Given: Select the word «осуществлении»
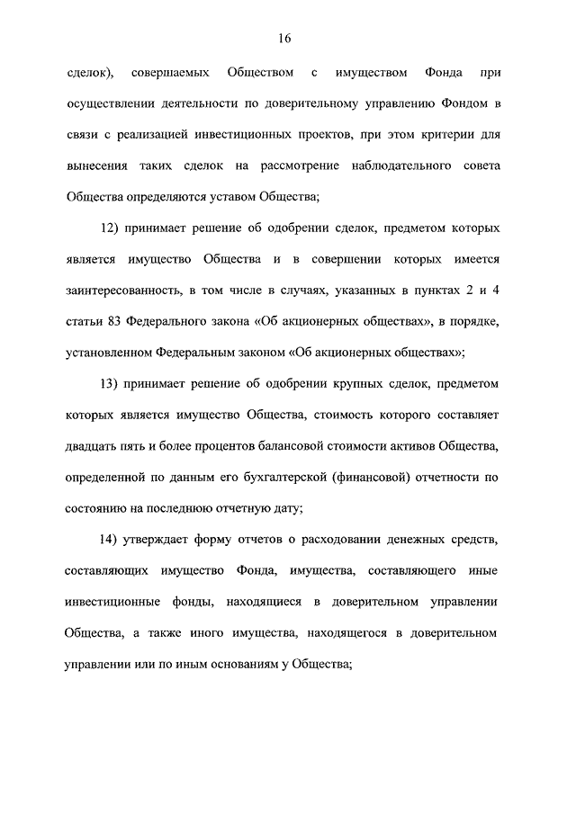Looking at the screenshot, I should click(x=107, y=104).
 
